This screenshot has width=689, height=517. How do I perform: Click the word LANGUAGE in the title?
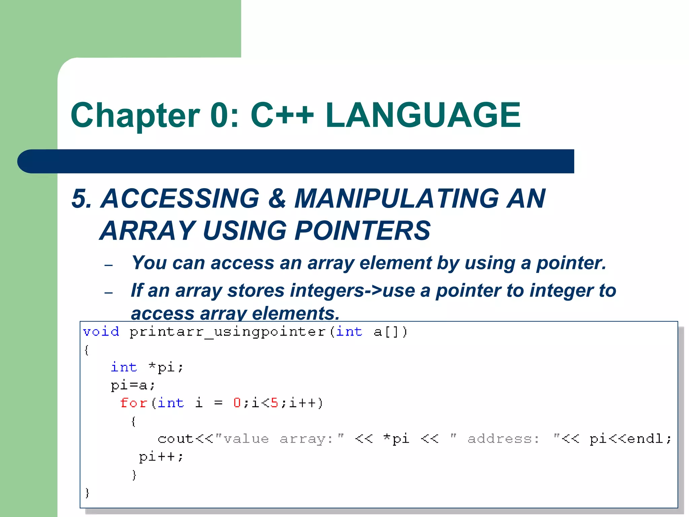click(423, 115)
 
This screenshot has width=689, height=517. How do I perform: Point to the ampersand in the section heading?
click(277, 199)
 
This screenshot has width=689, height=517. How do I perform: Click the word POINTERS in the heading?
click(362, 231)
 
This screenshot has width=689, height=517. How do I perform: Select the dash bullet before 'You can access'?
click(108, 266)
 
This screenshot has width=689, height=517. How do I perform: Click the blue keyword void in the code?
click(101, 332)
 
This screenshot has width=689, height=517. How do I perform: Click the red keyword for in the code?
click(133, 403)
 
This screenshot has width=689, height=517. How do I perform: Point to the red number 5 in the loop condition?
click(274, 403)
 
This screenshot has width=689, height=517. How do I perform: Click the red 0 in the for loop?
click(237, 403)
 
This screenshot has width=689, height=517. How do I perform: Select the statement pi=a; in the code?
click(133, 385)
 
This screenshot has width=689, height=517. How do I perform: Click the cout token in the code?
click(175, 439)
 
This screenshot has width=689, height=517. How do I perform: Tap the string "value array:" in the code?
click(279, 439)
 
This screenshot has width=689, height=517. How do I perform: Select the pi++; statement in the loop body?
click(161, 457)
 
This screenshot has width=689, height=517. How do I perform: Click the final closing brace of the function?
click(87, 493)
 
